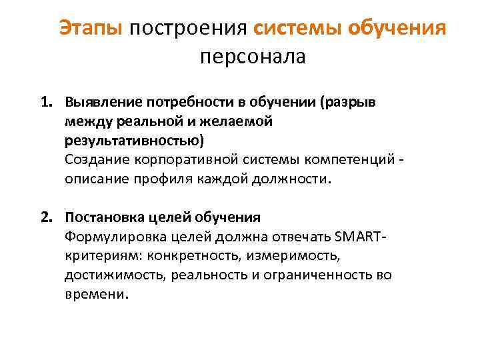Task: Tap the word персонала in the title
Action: coord(252,57)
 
